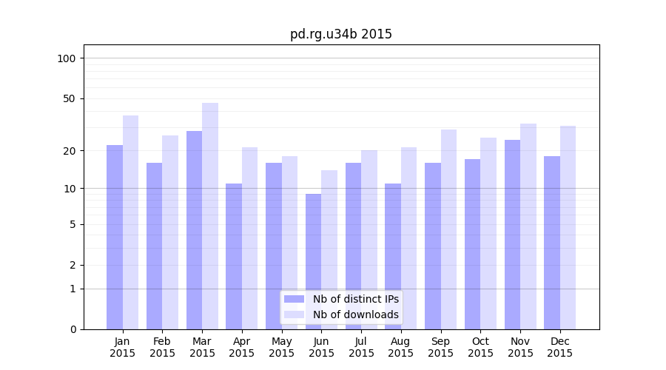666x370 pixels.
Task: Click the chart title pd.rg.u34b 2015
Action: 340,34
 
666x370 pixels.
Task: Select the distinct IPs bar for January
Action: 115,237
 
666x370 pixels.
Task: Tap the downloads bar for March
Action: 210,216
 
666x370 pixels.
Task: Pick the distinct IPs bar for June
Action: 313,261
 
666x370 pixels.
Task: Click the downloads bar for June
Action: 329,249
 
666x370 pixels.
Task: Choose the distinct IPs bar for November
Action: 512,235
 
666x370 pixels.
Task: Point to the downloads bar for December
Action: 568,227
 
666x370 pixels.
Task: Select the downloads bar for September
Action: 448,229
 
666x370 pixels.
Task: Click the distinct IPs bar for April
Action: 234,256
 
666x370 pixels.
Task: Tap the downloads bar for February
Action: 170,232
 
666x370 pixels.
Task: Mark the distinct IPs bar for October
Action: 472,244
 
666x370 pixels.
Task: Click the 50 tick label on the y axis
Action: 70,98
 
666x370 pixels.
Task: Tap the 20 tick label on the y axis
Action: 70,151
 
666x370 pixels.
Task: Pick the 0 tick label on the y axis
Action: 73,329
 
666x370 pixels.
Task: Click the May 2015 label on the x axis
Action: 281,347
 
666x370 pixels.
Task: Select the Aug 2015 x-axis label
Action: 400,347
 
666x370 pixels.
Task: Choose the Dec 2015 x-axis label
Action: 559,347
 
